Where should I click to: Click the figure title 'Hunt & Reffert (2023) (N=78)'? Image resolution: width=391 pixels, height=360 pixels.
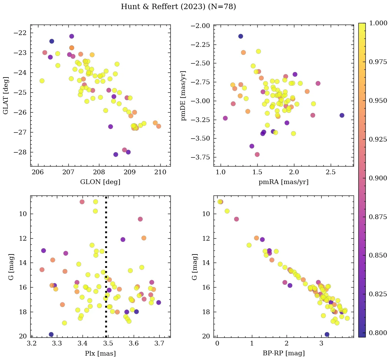178,7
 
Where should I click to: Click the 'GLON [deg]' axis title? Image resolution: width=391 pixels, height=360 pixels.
100,182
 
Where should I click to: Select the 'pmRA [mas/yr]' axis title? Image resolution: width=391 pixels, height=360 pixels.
283,182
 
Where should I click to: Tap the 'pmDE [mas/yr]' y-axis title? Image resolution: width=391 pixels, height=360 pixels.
184,95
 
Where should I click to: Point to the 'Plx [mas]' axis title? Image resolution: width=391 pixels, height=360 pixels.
100,353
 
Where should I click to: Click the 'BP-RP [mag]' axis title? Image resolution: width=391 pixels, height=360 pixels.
283,353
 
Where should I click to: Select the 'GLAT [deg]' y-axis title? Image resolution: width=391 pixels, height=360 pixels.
6,95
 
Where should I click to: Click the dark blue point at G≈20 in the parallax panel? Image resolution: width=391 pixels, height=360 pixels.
51,334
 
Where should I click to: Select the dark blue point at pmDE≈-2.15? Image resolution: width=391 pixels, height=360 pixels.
240,36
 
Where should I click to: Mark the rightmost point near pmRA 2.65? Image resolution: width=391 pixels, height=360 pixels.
342,115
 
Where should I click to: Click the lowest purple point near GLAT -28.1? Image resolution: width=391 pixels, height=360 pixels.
116,154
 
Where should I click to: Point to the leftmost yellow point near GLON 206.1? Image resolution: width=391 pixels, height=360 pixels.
42,81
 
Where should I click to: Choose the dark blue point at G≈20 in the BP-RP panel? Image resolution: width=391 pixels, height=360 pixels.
327,334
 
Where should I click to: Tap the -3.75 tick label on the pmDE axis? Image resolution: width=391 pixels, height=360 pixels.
201,157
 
